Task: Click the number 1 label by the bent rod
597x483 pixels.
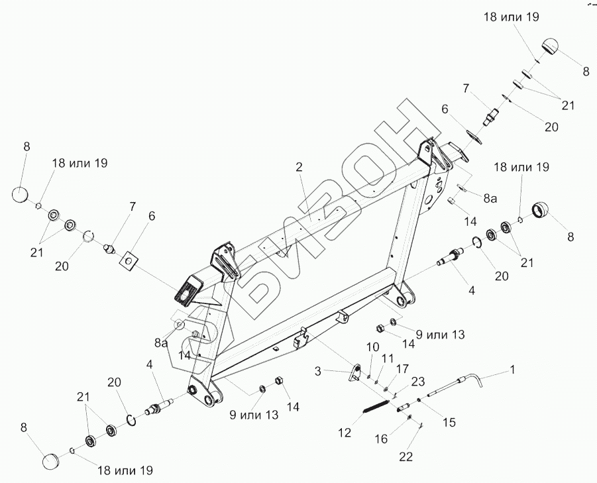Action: tap(511, 367)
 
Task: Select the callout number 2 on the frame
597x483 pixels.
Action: tap(299, 166)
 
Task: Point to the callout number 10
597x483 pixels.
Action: tap(372, 347)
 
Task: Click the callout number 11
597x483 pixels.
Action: tap(388, 358)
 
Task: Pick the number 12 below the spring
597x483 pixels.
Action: tap(344, 433)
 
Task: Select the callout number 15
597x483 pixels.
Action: tap(449, 421)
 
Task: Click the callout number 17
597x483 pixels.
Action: tap(403, 368)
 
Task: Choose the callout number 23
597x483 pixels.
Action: tap(417, 381)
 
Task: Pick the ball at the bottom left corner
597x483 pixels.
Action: tap(53, 462)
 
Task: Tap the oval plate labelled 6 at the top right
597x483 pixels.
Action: tap(474, 136)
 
